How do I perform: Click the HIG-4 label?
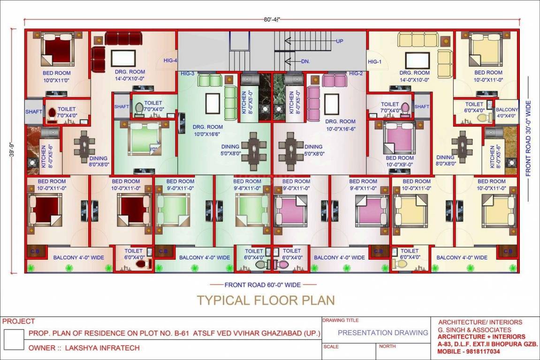pyautogui.click(x=170, y=60)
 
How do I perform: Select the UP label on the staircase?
pyautogui.click(x=340, y=41)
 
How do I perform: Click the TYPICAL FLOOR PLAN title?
pyautogui.click(x=266, y=300)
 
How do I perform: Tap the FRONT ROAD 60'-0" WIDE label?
pyautogui.click(x=263, y=285)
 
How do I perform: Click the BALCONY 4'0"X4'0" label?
pyautogui.click(x=507, y=112)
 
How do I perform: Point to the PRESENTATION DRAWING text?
pyautogui.click(x=383, y=333)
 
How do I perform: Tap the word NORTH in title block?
pyautogui.click(x=387, y=346)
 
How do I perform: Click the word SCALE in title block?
pyautogui.click(x=331, y=346)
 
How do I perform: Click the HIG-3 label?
pyautogui.click(x=188, y=74)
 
